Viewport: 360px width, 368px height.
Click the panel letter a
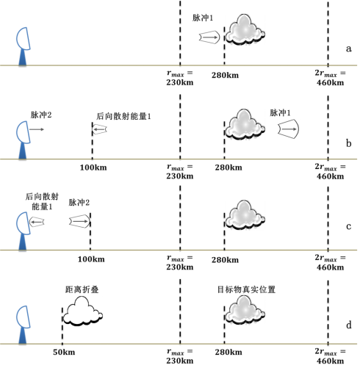point(348,48)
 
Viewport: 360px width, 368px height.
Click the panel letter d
point(348,324)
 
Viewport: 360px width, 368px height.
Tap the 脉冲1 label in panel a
point(204,18)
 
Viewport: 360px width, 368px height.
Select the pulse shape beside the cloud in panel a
point(209,36)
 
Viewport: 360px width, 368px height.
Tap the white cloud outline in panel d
point(82,313)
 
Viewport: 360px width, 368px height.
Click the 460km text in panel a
point(329,83)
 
